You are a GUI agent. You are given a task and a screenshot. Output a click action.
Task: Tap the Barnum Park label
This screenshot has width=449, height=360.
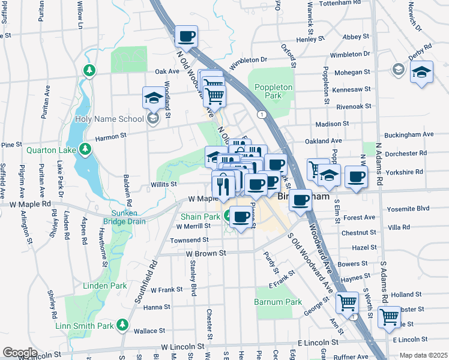click(278, 302)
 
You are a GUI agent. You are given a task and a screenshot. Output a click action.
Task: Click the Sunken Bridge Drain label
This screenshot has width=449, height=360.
click(124, 217)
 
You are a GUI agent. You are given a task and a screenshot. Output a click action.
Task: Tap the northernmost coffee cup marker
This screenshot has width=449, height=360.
click(187, 37)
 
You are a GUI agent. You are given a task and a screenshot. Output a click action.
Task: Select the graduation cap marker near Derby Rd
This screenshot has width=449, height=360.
click(422, 73)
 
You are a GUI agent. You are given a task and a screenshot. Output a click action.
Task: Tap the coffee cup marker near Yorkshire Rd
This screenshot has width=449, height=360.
click(356, 177)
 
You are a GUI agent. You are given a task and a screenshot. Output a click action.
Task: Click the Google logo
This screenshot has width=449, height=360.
click(20, 353)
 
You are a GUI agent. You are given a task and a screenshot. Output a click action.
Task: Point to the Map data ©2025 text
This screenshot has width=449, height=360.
click(423, 355)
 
